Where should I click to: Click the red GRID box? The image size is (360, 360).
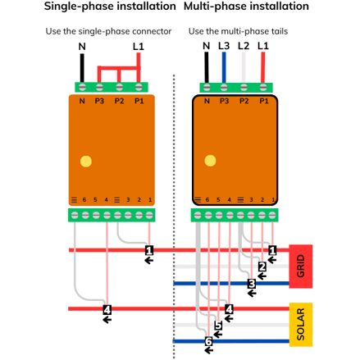coord(301,267)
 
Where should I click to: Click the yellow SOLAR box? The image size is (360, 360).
coord(301,325)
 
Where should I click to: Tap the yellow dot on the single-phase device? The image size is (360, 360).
coord(86,162)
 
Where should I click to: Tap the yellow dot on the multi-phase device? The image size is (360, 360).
coord(210,161)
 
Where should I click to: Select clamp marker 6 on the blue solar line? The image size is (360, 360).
coord(208,341)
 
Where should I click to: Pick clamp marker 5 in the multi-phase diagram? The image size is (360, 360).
coord(218,326)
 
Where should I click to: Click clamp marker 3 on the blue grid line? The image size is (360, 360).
coord(252,284)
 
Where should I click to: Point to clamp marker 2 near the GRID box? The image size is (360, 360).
coord(262,267)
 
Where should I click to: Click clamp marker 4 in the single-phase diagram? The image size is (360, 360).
coord(107,310)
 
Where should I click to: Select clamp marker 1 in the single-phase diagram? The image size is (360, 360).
coord(149,250)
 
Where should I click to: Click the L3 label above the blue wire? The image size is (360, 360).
coord(224,46)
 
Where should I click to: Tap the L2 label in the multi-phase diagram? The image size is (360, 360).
coord(244,46)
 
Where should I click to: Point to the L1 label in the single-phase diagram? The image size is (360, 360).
coord(139,47)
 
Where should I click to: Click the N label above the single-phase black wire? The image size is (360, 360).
coord(82,47)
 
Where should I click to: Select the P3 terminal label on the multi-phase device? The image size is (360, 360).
coord(224,101)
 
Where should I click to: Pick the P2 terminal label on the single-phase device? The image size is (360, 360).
coord(119,101)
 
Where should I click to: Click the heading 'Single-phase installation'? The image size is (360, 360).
coord(110,7)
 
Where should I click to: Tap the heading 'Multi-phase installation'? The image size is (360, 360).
coord(246,7)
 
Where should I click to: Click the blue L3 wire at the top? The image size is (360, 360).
coord(224,67)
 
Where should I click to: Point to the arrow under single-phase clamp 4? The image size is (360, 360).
coord(107,320)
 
